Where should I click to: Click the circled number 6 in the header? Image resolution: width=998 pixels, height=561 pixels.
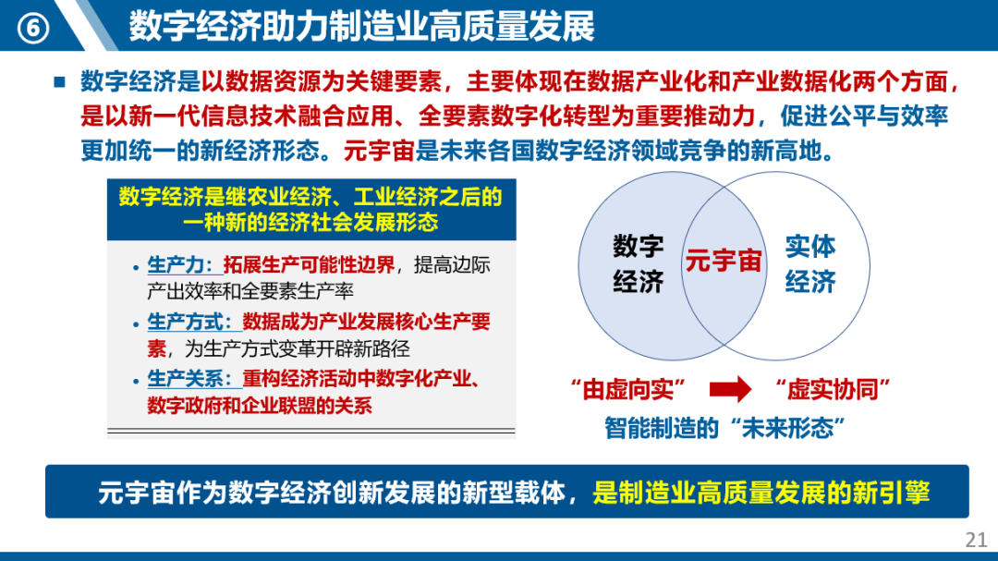point(32,28)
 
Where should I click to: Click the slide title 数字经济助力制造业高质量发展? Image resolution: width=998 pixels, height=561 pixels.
point(361,26)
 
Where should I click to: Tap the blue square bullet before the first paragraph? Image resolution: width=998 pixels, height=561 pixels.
point(60,81)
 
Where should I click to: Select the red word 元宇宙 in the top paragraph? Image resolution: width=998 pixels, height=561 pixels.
point(380,151)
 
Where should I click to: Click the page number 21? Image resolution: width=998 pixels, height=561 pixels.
point(976,540)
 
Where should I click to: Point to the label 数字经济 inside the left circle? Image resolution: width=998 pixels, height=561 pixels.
point(639,263)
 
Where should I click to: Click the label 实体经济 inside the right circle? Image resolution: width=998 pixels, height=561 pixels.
point(810,263)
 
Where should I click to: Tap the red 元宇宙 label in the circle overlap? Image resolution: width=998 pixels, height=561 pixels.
point(724,261)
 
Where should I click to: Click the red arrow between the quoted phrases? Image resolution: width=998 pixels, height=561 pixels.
point(730,388)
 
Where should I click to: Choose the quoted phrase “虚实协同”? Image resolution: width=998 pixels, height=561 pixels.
point(832,389)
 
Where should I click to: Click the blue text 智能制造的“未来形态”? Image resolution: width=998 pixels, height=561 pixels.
point(724,428)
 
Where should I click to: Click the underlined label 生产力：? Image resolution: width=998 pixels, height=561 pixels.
point(185,264)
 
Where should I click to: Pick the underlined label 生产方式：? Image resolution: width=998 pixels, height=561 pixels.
point(194,322)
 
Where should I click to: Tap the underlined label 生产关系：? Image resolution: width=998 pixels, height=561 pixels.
point(194,379)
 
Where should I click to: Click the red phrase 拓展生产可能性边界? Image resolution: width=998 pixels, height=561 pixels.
point(309,264)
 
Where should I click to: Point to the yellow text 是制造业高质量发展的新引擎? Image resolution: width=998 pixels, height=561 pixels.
point(761,493)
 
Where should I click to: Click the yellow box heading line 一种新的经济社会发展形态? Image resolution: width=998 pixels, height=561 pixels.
point(310,222)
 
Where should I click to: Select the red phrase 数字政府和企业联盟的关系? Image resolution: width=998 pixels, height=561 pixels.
point(260,406)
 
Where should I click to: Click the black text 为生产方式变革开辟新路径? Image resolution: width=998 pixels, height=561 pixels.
point(298,348)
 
